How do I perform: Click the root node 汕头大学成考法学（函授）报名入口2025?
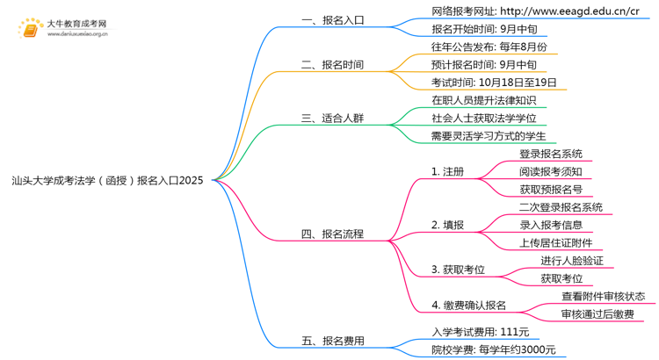pyautogui.click(x=107, y=180)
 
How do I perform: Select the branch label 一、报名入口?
pyautogui.click(x=331, y=19)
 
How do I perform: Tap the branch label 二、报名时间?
pyautogui.click(x=331, y=65)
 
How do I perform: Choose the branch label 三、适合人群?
pyautogui.click(x=331, y=118)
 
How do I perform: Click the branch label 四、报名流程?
pyautogui.click(x=331, y=234)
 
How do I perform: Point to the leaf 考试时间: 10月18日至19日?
pyautogui.click(x=493, y=83)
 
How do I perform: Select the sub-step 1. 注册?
pyautogui.click(x=447, y=171)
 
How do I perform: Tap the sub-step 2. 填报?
pyautogui.click(x=447, y=225)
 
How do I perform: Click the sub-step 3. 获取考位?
pyautogui.click(x=460, y=269)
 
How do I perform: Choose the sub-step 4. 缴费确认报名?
pyautogui.click(x=468, y=305)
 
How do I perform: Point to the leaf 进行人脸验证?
pyautogui.click(x=576, y=261)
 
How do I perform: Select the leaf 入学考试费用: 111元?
pyautogui.click(x=480, y=332)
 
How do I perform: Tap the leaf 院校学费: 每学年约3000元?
pyautogui.click(x=493, y=349)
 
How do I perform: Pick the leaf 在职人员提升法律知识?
pyautogui.click(x=483, y=100)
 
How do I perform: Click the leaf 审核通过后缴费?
pyautogui.click(x=597, y=313)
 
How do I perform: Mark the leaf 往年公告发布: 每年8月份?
pyautogui.click(x=489, y=47)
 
